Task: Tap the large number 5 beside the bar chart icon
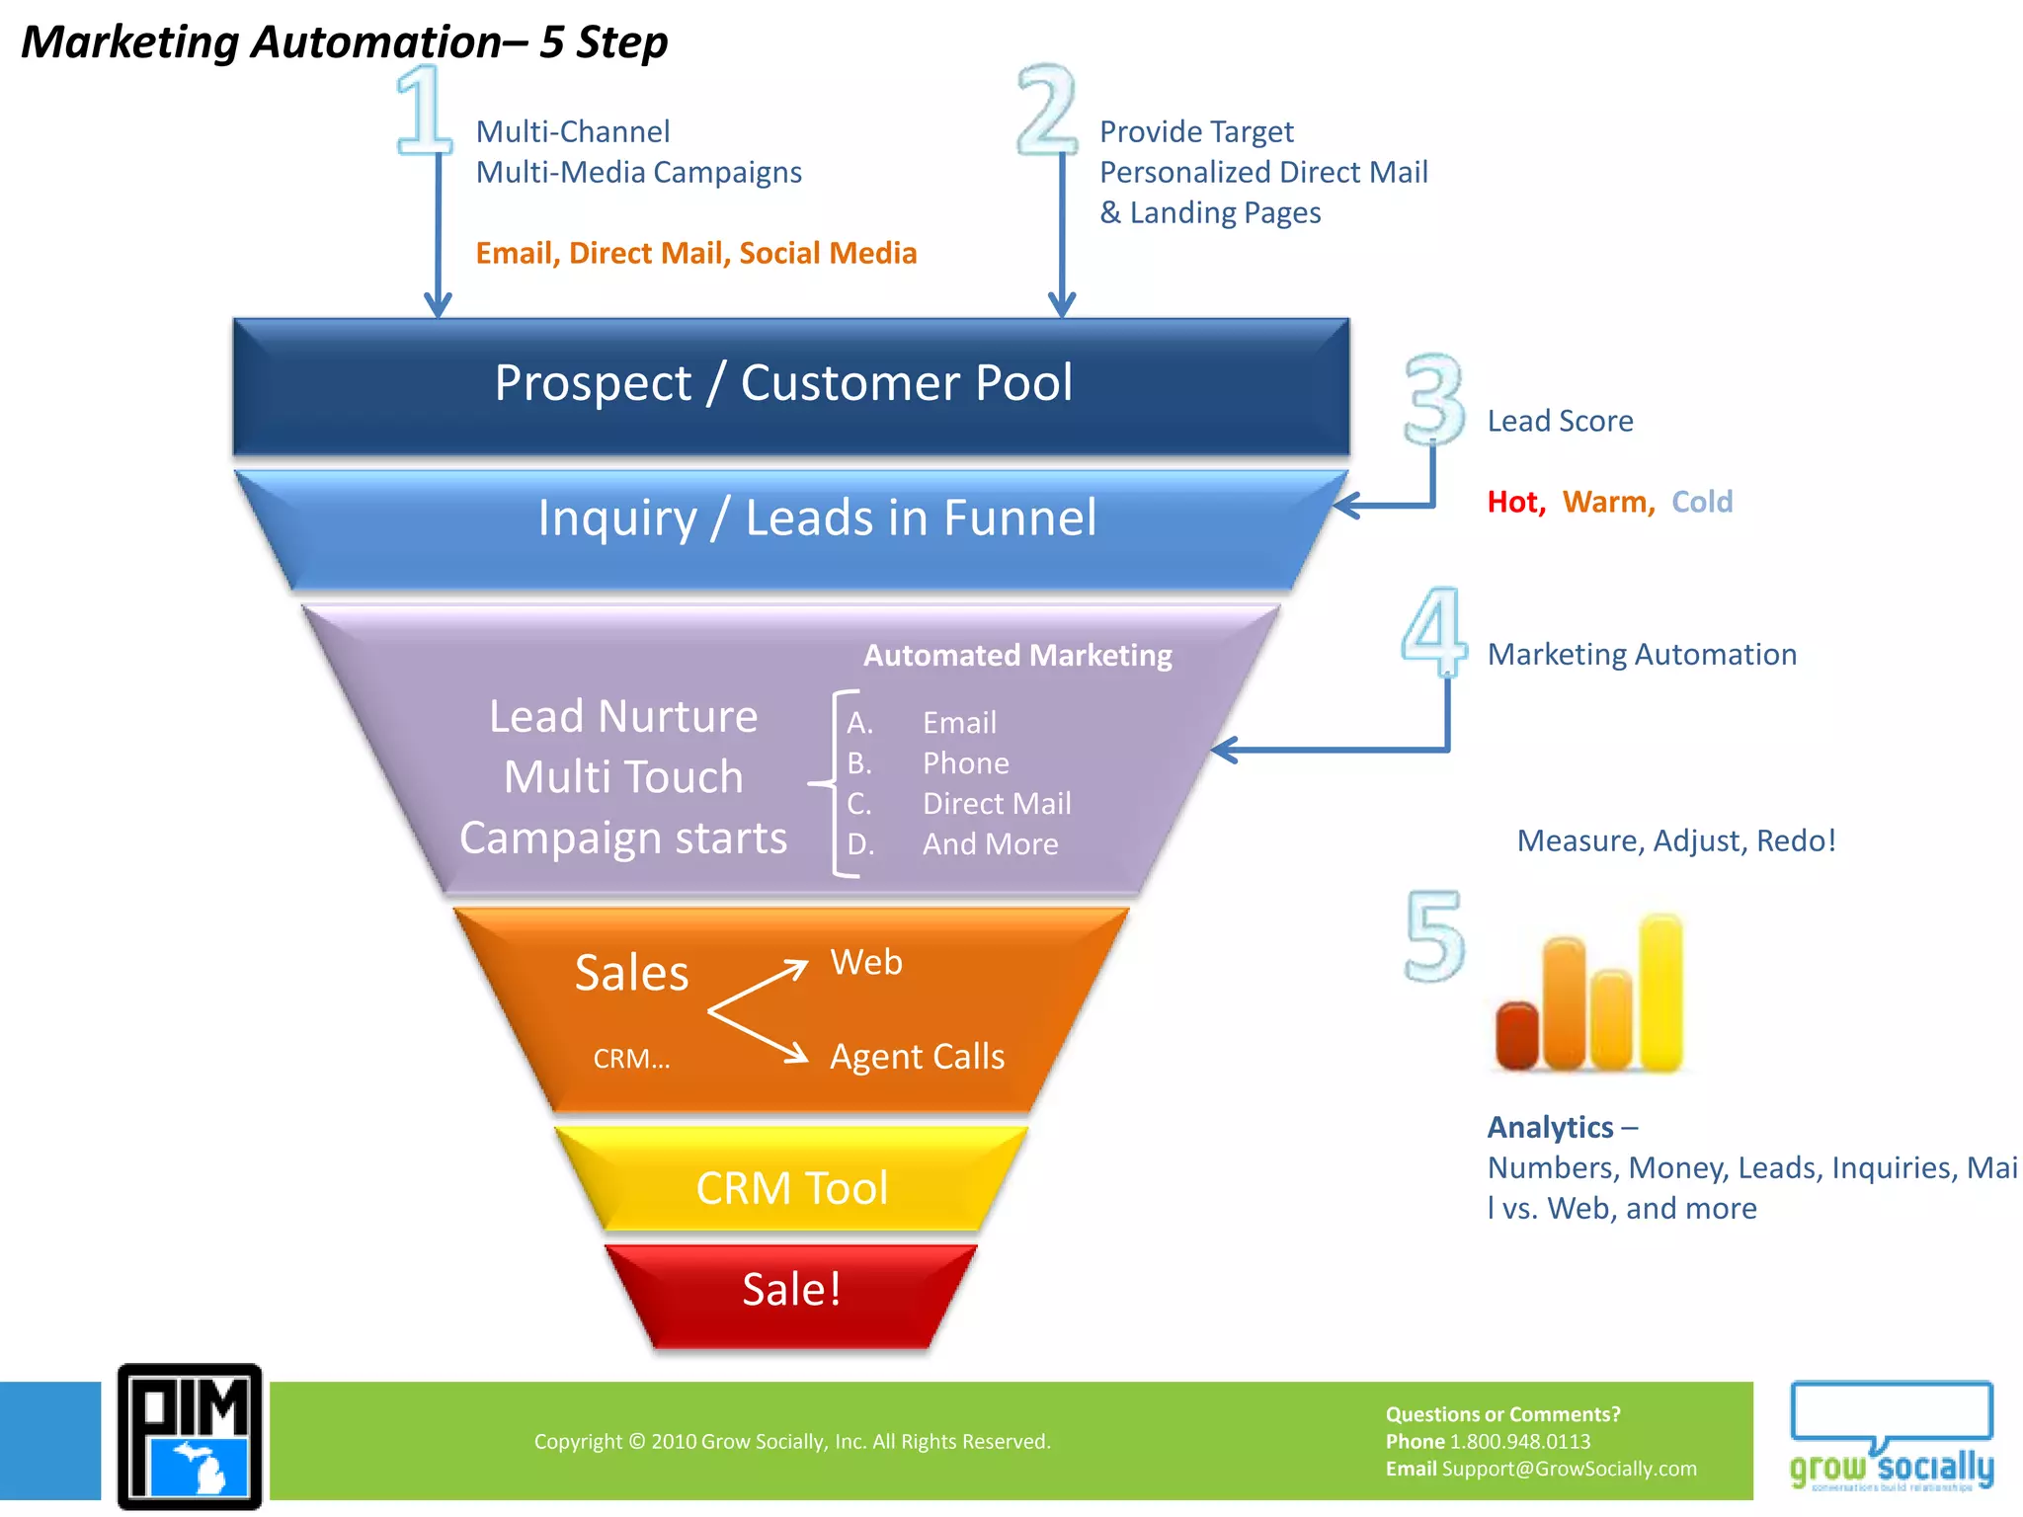pos(1434,935)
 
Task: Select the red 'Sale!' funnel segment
pos(791,1291)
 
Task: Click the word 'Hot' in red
pos(1514,502)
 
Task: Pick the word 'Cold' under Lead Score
pos(1701,502)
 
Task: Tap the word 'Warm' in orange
pos(1607,502)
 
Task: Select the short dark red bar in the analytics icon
pos(1517,1035)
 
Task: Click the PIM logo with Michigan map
pos(190,1436)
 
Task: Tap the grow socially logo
pos(1892,1437)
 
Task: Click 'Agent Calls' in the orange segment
pos(917,1057)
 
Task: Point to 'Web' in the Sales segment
pos(866,962)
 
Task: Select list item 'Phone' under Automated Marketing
pos(965,763)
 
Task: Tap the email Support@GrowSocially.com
pos(1569,1469)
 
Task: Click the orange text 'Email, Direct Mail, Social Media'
pos(695,253)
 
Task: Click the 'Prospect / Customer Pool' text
pos(783,383)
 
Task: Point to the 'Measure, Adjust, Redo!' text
pos(1675,840)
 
